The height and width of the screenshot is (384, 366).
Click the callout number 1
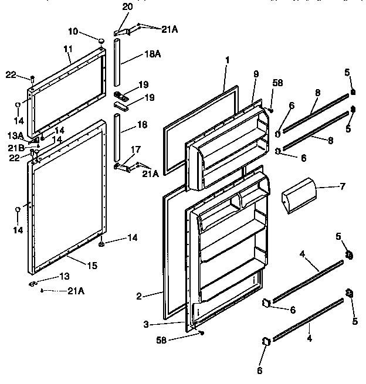pos(227,60)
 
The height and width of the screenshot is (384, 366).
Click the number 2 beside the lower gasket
pos(139,296)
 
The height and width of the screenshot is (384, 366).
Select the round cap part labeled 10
pos(101,40)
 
